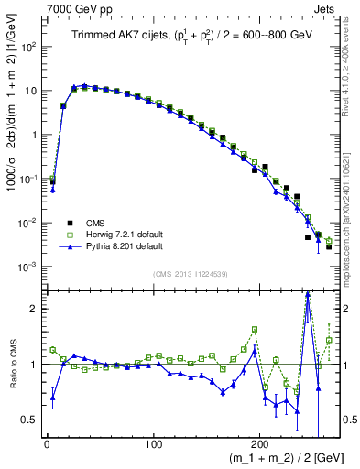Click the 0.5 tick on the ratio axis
click(30, 420)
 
